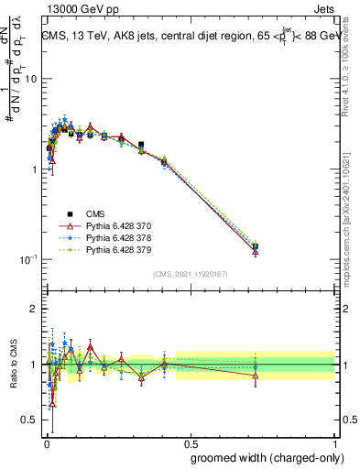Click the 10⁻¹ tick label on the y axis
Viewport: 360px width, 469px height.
pos(27,260)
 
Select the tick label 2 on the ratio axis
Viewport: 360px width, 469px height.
pos(32,310)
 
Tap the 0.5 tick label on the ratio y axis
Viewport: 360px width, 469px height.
pos(27,420)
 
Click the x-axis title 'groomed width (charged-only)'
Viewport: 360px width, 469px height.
pos(263,457)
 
